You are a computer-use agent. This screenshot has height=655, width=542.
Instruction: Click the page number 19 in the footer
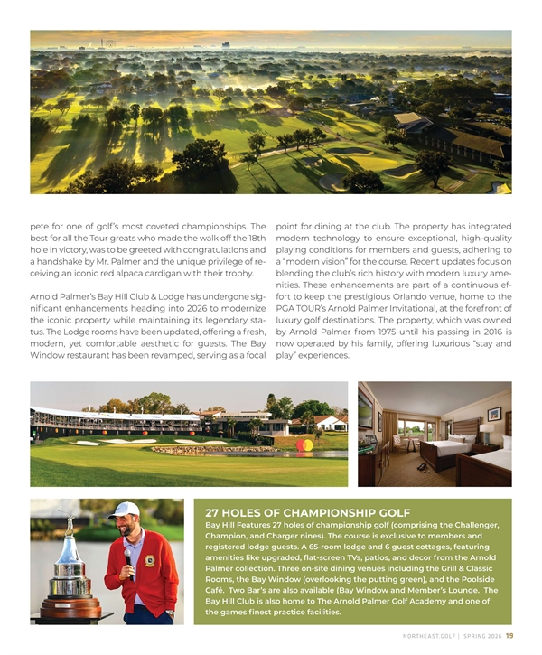509,635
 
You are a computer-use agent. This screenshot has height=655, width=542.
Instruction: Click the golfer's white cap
124,510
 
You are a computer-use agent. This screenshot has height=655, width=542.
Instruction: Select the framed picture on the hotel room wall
494,414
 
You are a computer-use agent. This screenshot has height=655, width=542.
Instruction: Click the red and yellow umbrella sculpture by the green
304,444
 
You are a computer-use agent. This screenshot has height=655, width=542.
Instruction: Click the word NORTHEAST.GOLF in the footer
430,635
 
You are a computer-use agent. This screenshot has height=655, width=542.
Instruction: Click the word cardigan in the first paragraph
182,273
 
